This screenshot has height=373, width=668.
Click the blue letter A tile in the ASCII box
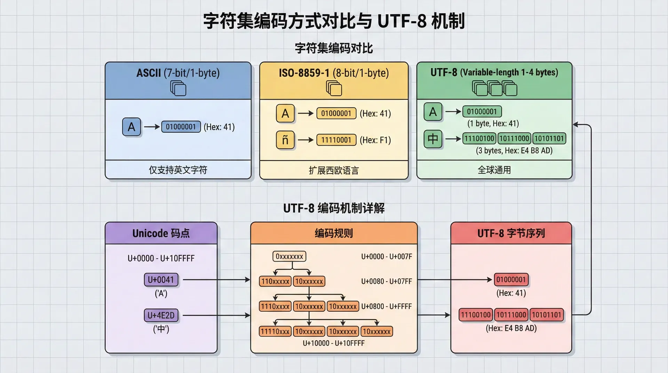[131, 127]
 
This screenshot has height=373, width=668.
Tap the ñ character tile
[285, 140]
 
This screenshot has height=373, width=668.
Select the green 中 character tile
[433, 138]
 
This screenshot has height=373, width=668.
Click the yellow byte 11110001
[336, 140]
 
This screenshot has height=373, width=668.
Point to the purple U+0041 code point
[161, 280]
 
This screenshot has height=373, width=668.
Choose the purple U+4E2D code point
[161, 316]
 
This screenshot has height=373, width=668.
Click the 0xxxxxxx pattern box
[289, 257]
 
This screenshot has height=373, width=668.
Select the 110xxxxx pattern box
[275, 281]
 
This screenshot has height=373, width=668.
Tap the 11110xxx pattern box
[275, 332]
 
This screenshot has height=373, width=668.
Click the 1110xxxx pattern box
[275, 307]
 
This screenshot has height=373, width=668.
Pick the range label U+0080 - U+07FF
[387, 281]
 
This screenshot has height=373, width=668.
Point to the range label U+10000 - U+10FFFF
[334, 343]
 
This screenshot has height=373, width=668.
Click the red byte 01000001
[511, 280]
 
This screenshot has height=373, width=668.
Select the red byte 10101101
[547, 315]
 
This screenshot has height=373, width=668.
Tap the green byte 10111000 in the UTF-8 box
[514, 138]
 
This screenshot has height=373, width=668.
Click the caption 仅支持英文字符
[178, 170]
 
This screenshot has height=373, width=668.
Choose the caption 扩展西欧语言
[334, 170]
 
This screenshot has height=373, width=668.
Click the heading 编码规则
[334, 233]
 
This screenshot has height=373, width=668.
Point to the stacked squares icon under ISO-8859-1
[334, 88]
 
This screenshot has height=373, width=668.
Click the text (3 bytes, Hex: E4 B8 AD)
[514, 151]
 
